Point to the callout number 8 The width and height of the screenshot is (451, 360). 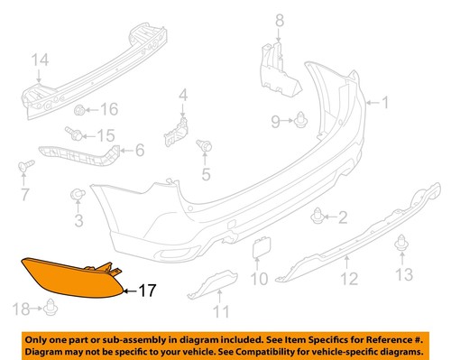click(x=279, y=20)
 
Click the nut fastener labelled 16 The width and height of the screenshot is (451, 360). click(x=83, y=110)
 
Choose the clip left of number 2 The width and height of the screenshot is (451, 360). click(x=317, y=216)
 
